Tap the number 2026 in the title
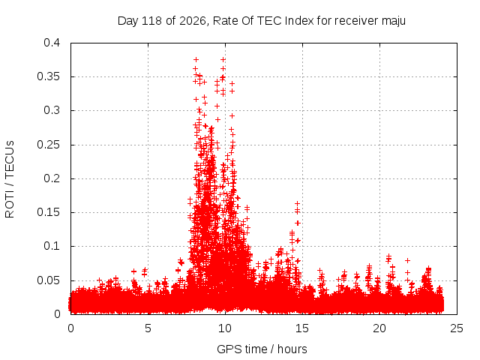point(193,21)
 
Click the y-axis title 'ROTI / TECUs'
point(10,179)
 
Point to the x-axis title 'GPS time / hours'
point(262,349)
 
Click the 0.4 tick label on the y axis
point(52,43)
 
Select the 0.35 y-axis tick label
point(48,76)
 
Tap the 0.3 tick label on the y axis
point(52,110)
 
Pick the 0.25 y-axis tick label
point(48,145)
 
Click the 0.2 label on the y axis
point(52,178)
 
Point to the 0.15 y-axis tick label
point(48,212)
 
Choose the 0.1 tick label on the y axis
point(52,246)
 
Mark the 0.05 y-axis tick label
point(48,280)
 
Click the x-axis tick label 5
point(148,328)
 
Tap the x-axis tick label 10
point(225,328)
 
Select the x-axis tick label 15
point(302,328)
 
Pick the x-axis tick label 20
point(379,328)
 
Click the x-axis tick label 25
point(457,328)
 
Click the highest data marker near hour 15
point(297,203)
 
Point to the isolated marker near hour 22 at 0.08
point(407,261)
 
